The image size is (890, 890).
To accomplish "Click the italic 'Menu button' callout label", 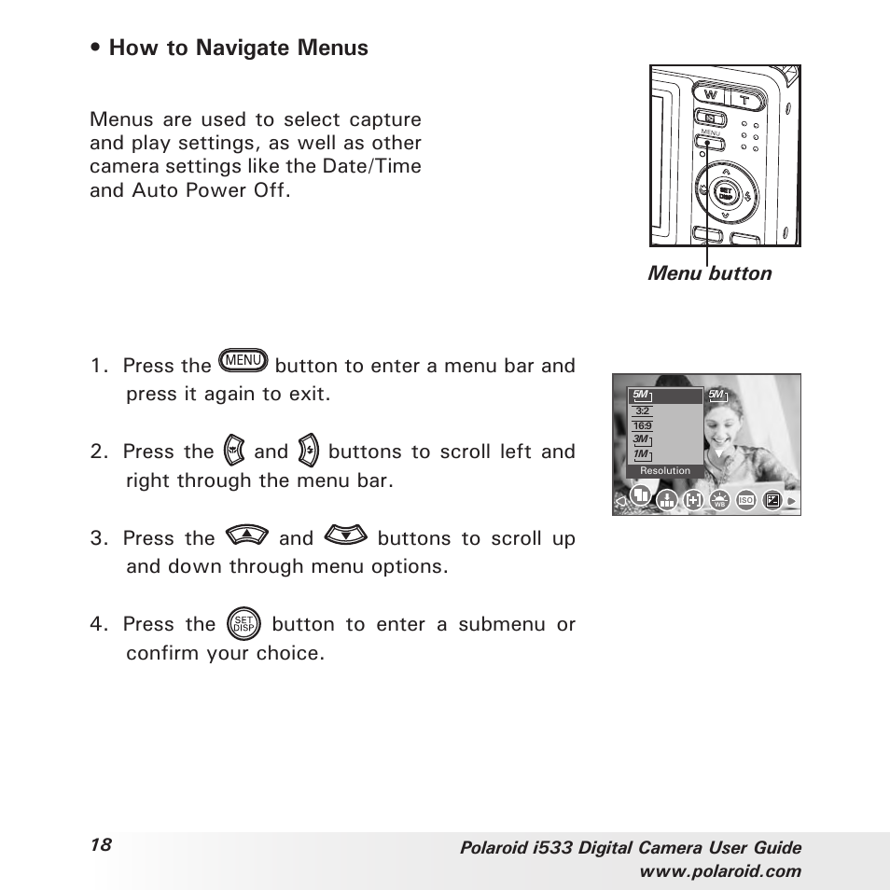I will [711, 273].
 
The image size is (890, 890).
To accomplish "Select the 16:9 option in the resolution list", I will [642, 425].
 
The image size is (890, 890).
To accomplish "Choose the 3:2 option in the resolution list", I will [642, 410].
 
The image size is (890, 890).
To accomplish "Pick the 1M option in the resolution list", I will [641, 454].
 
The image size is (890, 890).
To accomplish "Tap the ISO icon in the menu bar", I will [745, 501].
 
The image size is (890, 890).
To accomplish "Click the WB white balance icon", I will [719, 501].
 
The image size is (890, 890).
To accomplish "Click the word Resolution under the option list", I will [665, 471].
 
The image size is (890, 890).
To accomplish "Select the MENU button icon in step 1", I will [243, 360].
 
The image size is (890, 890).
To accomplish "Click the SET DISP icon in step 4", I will [243, 624].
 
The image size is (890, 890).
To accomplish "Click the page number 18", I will [101, 844].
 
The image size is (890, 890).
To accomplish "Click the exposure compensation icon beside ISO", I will [772, 501].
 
